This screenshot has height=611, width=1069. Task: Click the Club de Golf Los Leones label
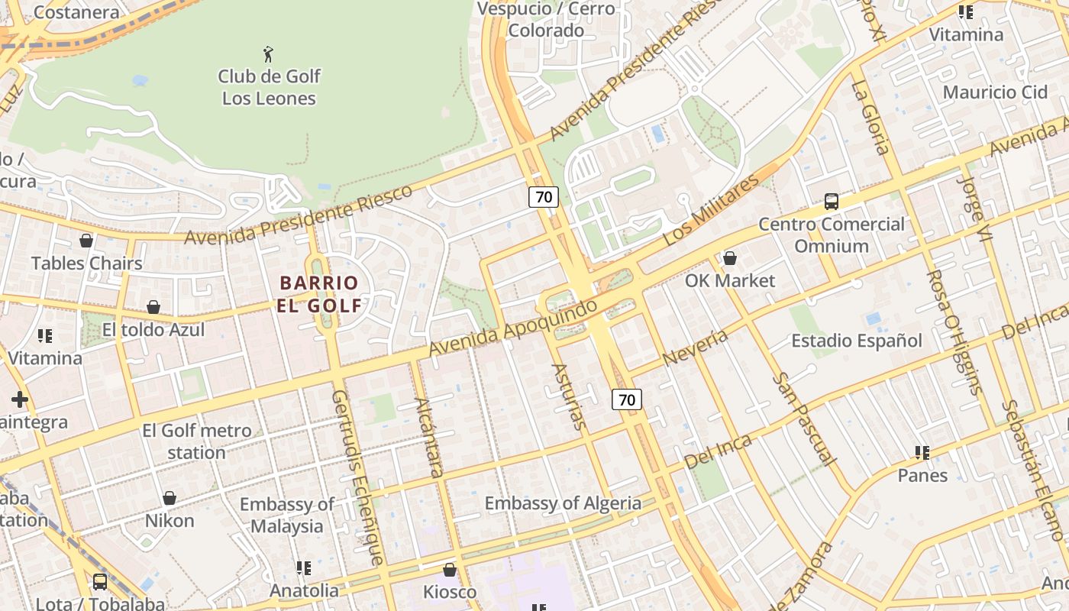pos(269,87)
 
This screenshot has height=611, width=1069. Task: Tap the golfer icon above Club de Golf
pos(268,54)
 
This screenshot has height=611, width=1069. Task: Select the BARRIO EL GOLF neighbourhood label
pos(319,294)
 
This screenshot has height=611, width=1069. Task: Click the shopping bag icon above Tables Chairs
pos(86,241)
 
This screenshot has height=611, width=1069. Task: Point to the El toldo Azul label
pos(153,330)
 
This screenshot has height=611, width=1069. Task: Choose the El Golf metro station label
pos(196,441)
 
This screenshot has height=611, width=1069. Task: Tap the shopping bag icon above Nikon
pos(170,499)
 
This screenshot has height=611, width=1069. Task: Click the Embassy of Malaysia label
pos(287,516)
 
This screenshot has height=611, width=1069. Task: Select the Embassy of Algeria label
pos(563,503)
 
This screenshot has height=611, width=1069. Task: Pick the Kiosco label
pos(450,592)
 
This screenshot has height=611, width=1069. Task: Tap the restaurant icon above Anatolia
pos(304,568)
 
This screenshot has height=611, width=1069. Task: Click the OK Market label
pos(730,280)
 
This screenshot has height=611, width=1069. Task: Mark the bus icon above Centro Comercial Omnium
pos(832,202)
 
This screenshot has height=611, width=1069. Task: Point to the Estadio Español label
pos(857,341)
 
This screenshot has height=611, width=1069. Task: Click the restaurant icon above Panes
pos(922,453)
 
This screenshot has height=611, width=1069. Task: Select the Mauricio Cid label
pos(996,92)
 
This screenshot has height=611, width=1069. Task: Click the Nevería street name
pos(695,348)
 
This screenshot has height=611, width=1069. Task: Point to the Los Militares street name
pos(711,209)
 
